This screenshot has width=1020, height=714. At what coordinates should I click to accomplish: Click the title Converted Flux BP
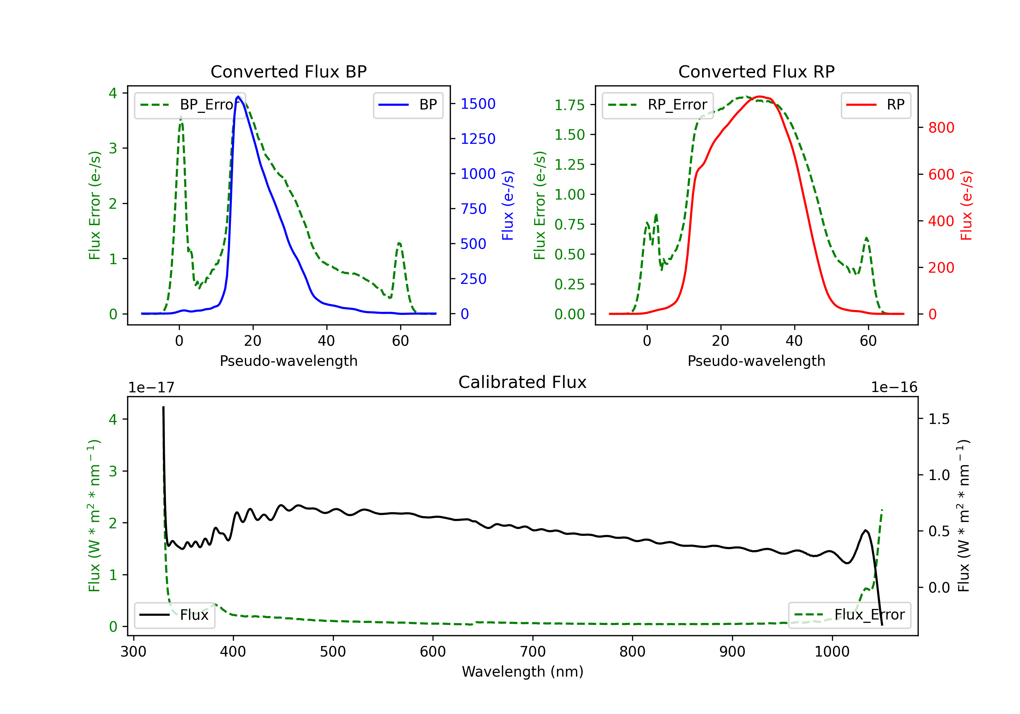click(288, 71)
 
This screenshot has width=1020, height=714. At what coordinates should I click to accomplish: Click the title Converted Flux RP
click(756, 71)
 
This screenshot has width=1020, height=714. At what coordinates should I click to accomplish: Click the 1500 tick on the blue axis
click(478, 104)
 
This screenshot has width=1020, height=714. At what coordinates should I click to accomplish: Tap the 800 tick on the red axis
click(941, 128)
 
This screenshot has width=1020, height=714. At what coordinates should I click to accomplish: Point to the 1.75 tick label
click(569, 105)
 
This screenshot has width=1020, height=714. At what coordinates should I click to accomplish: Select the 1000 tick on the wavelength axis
click(832, 652)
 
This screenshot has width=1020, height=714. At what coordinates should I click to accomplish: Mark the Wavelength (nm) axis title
click(523, 672)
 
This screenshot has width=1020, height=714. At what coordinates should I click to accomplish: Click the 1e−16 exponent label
click(894, 388)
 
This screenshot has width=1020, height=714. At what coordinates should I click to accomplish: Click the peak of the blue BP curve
click(238, 97)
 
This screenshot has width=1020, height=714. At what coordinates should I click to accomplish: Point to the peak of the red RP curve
click(760, 97)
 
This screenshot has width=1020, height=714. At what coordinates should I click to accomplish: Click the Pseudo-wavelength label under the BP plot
click(288, 361)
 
